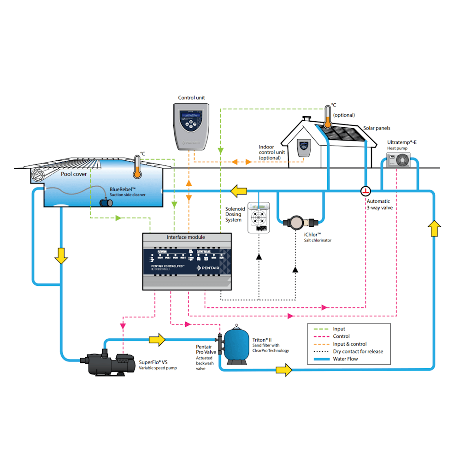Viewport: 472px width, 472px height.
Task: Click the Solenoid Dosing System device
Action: (x=259, y=218)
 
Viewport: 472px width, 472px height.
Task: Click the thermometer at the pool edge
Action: (x=136, y=167)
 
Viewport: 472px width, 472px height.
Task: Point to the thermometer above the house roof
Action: (x=328, y=117)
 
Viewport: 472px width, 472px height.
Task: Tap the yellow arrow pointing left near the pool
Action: (x=238, y=190)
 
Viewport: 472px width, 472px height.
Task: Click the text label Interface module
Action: (x=186, y=237)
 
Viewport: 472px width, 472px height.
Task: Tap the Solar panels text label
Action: (x=377, y=128)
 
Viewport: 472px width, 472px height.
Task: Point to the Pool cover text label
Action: (x=74, y=174)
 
